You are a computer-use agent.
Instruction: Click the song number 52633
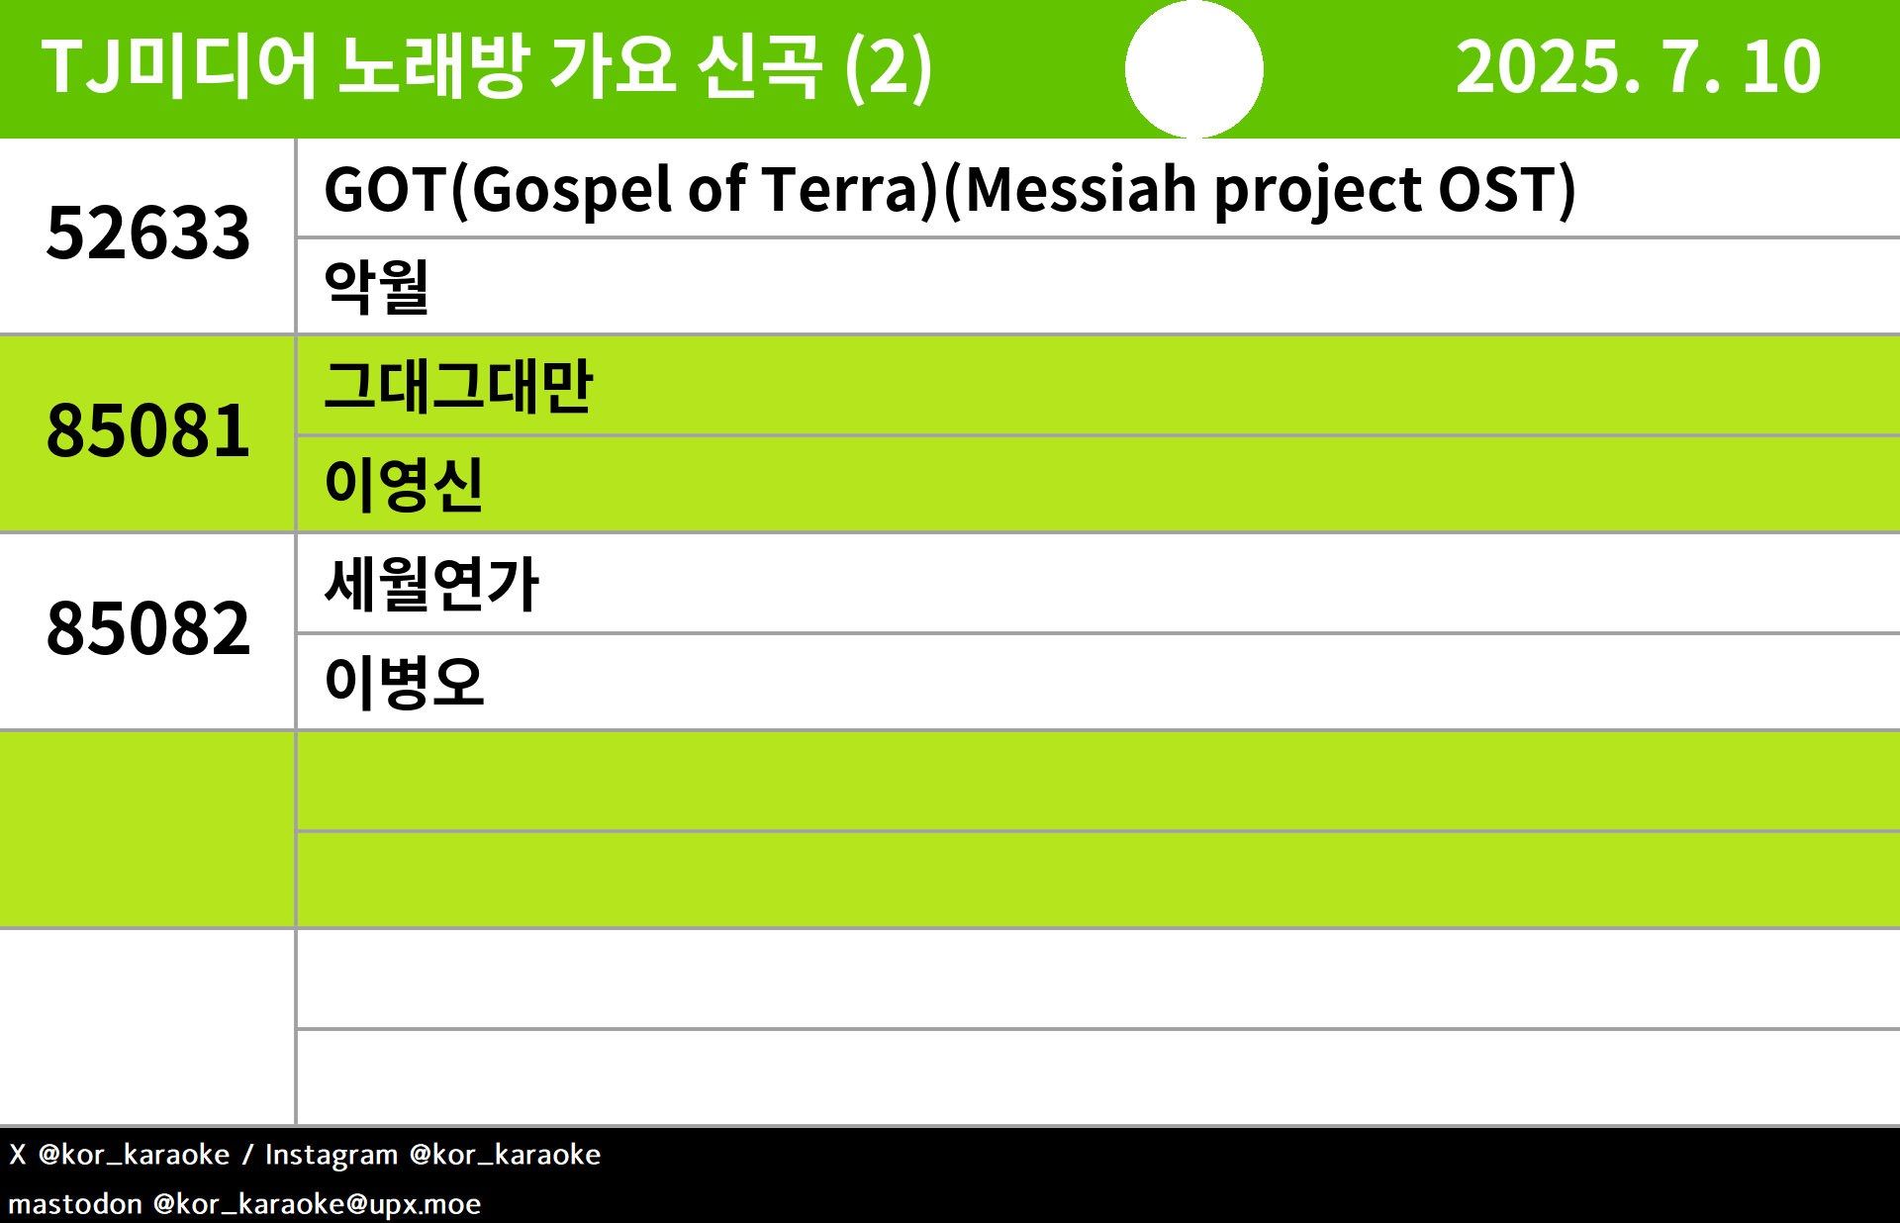coord(148,234)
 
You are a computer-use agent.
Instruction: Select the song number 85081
coord(148,431)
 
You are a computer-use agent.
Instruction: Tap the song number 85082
coord(148,629)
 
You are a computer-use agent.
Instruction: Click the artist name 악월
coord(377,287)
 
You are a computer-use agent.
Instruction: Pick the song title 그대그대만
coord(458,386)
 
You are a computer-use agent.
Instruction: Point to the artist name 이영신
coord(404,485)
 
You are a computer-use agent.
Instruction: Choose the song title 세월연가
coord(431,584)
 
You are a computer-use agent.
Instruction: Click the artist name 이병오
coord(404,683)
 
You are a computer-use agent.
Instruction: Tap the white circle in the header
coord(1194,69)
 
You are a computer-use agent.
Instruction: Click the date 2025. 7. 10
coord(1638,67)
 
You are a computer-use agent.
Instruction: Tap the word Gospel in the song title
coord(572,191)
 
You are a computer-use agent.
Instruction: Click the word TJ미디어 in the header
coord(179,67)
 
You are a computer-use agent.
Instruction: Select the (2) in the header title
coord(889,67)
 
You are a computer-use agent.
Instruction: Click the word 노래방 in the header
coord(433,67)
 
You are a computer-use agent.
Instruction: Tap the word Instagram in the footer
coord(332,1155)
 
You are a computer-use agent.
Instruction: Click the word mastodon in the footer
coord(75,1204)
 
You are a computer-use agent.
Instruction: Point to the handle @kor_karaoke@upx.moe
coord(317,1204)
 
